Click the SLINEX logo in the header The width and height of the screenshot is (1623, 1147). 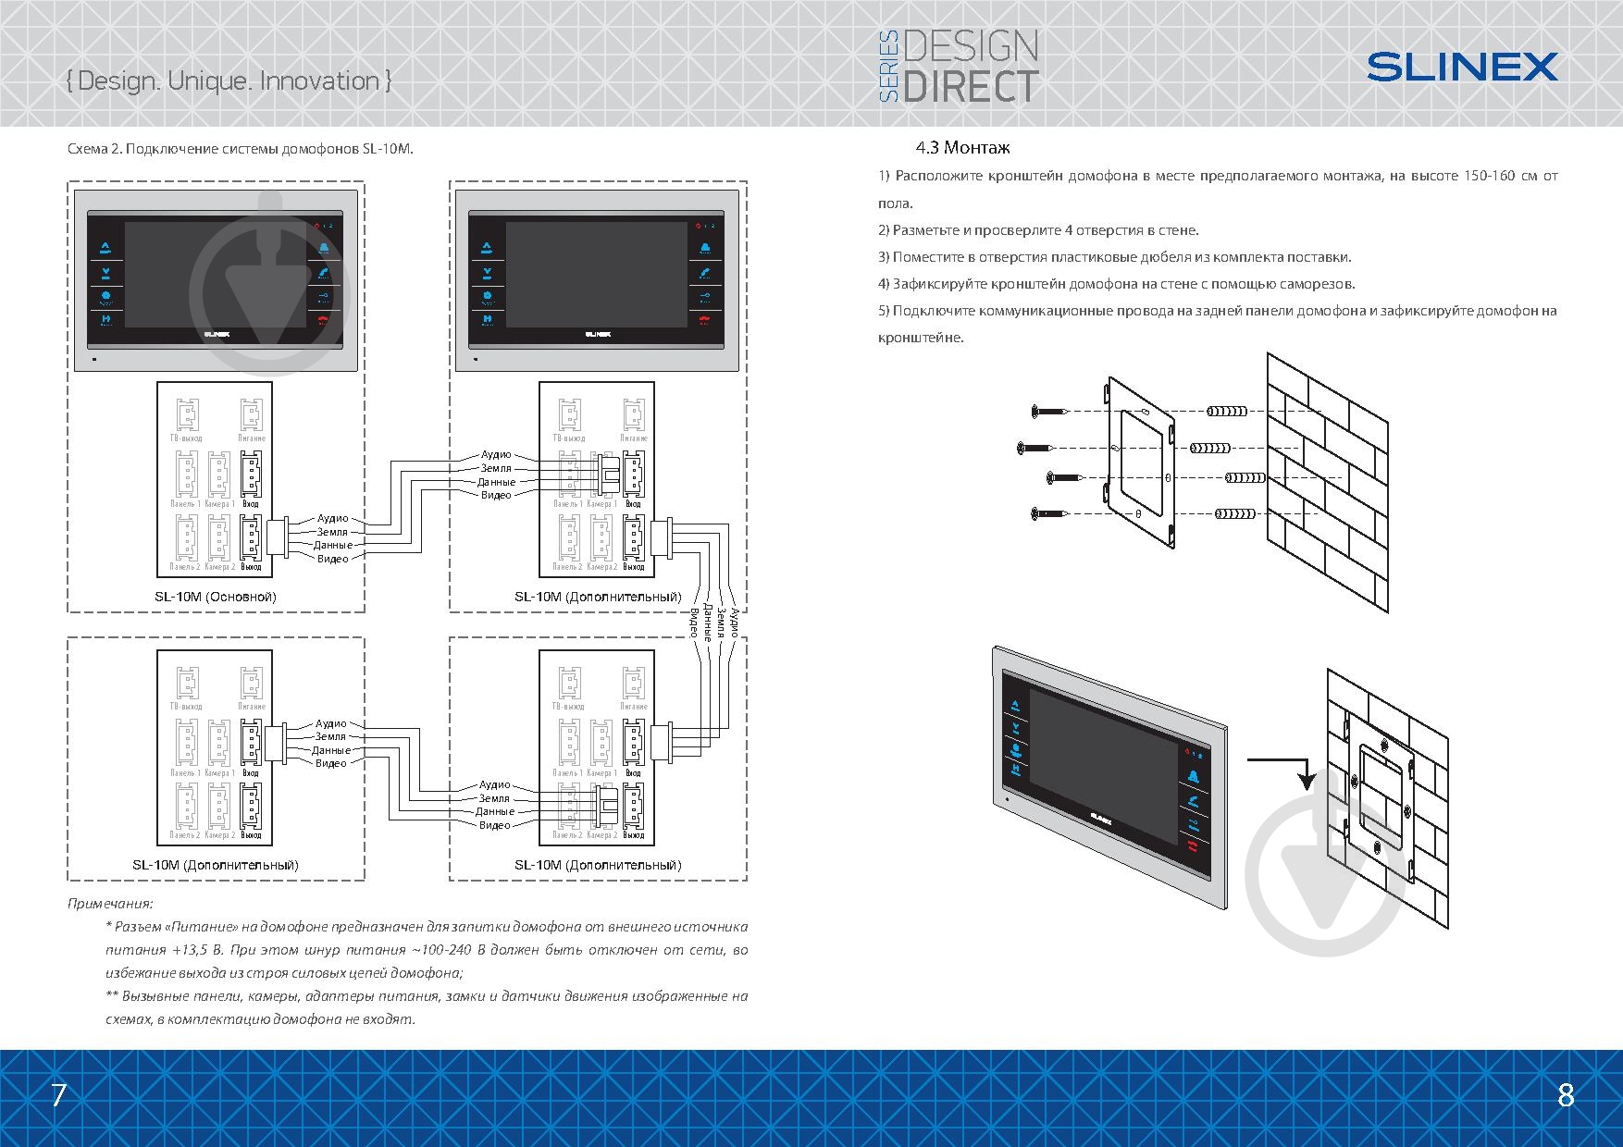[1462, 67]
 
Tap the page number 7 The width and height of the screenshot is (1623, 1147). [58, 1095]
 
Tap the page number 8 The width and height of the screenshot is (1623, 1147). [1565, 1095]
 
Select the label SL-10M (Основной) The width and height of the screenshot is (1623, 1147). [215, 597]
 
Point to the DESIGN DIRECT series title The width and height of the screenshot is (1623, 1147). [958, 65]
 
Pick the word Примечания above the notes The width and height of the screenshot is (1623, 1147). [110, 903]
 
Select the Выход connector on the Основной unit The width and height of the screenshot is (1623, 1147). [251, 536]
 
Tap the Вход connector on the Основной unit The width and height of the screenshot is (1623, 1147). [251, 474]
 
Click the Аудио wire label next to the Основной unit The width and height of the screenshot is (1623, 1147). [332, 519]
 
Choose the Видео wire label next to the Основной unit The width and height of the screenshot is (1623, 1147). [332, 559]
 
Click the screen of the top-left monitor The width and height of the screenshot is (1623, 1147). [215, 274]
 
